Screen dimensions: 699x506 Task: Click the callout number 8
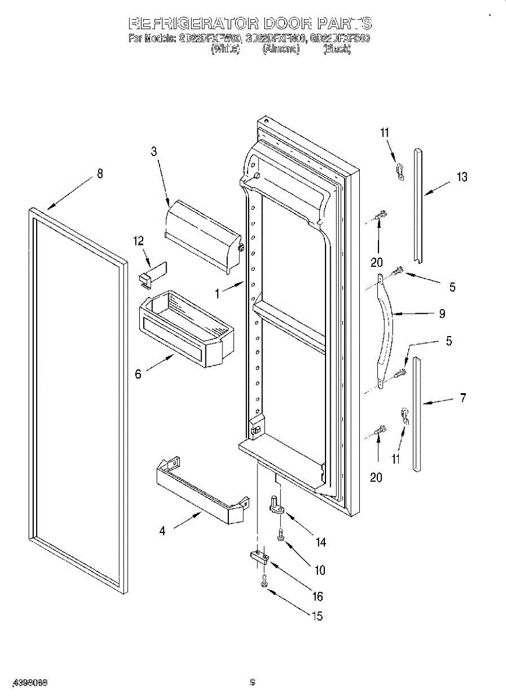pos(100,173)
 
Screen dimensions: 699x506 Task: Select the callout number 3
pos(154,151)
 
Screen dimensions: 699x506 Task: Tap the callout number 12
pos(138,240)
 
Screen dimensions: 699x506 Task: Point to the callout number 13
pos(462,177)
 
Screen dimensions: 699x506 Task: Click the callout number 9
pos(442,313)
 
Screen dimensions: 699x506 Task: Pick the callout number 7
pos(463,398)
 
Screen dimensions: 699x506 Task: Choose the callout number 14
pos(320,542)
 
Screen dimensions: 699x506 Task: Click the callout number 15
pos(317,616)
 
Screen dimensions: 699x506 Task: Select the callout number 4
pos(162,531)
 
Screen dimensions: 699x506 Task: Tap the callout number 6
pos(138,374)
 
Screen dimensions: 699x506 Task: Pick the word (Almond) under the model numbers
pos(281,50)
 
